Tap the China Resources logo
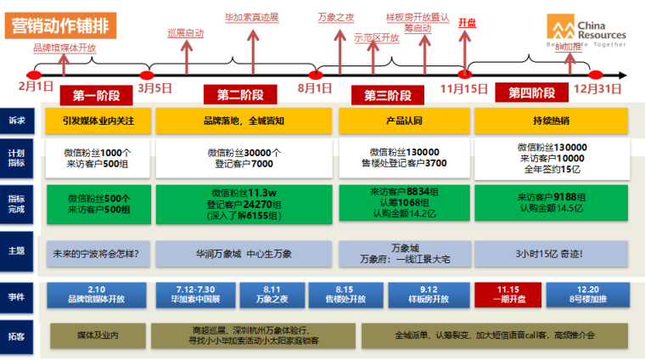tap(585, 31)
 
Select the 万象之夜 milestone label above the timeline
tap(335, 17)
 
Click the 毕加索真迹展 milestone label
tap(251, 17)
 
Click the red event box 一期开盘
tap(507, 294)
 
